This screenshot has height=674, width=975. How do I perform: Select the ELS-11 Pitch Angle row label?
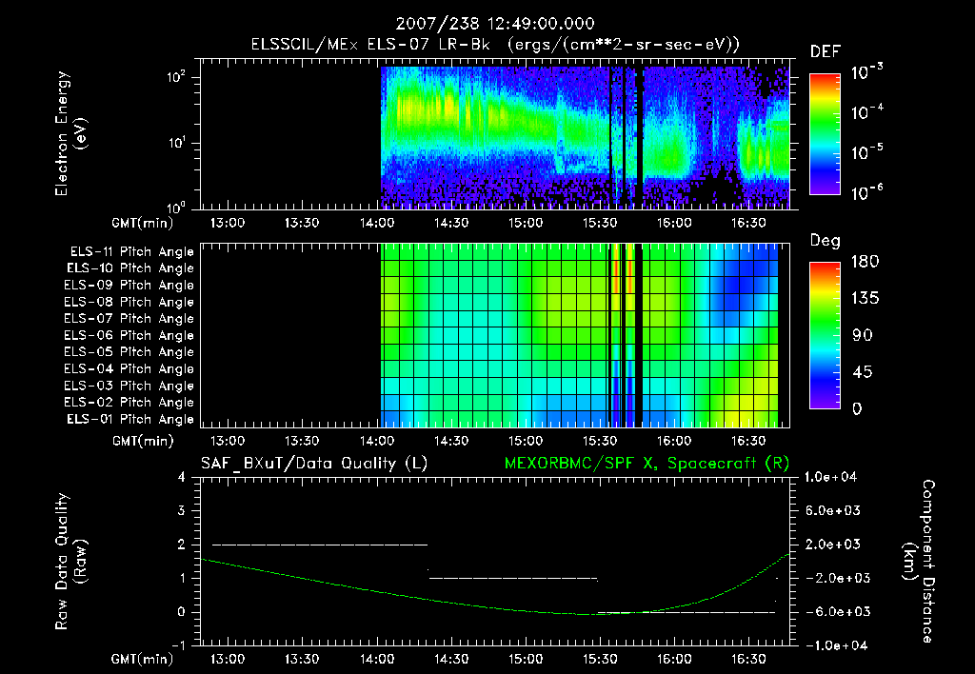(129, 251)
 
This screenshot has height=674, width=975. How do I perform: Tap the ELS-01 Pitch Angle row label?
(129, 419)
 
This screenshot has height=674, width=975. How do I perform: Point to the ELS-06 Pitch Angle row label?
(129, 335)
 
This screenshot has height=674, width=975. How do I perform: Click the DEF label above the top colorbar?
(825, 51)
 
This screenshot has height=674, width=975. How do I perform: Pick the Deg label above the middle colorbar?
(825, 241)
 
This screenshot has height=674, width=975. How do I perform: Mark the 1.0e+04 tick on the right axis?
(832, 476)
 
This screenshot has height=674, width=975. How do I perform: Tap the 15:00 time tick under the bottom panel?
(526, 659)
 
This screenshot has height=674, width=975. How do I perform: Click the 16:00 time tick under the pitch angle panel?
(673, 442)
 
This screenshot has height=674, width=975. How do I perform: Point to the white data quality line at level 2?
(319, 545)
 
